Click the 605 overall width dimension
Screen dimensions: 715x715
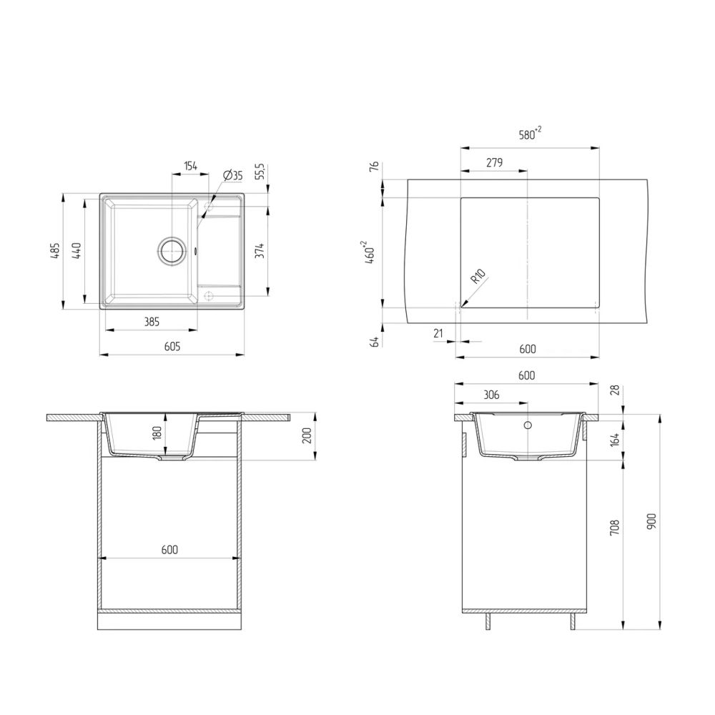coord(172,346)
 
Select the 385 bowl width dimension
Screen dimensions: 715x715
coord(152,322)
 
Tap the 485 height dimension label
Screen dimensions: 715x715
coord(54,251)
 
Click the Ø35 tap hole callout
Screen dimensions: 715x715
coord(233,175)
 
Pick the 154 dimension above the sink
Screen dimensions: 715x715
coord(190,166)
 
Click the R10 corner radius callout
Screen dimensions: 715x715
coord(478,277)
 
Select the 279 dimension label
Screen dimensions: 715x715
coord(493,162)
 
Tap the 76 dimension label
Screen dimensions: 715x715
coord(373,167)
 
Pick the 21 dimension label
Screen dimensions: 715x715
coord(438,332)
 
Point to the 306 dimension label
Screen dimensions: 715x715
coord(490,395)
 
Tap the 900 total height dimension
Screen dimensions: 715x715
coord(650,521)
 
